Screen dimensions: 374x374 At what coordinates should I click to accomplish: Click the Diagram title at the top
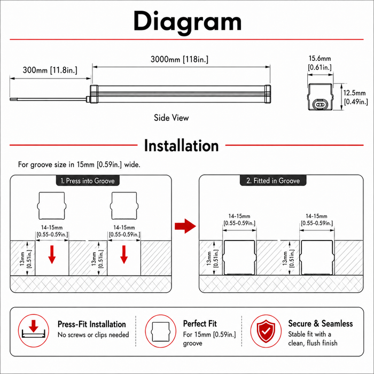pyautogui.click(x=188, y=22)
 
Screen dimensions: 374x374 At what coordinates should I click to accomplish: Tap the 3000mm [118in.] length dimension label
pyautogui.click(x=180, y=59)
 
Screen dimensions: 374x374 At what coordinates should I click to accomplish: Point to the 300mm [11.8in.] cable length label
pyautogui.click(x=50, y=70)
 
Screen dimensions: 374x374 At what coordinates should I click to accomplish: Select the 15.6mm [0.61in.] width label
pyautogui.click(x=320, y=63)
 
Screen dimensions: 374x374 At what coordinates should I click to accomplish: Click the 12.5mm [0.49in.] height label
pyautogui.click(x=355, y=97)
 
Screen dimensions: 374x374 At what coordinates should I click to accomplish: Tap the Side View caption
pyautogui.click(x=172, y=118)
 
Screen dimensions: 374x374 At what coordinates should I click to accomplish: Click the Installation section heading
pyautogui.click(x=181, y=145)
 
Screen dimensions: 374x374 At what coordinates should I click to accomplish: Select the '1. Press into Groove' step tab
pyautogui.click(x=88, y=181)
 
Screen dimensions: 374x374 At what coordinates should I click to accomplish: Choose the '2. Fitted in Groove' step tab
pyautogui.click(x=273, y=181)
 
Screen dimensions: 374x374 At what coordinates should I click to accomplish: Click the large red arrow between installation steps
pyautogui.click(x=185, y=226)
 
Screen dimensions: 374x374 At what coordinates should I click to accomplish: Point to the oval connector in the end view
pyautogui.click(x=320, y=104)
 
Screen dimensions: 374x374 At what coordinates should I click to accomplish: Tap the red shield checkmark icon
pyautogui.click(x=266, y=331)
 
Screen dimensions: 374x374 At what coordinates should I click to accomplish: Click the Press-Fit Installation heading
pyautogui.click(x=92, y=324)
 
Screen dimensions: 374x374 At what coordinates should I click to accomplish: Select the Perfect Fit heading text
pyautogui.click(x=200, y=324)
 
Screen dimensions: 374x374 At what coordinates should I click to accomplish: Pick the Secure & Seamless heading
pyautogui.click(x=321, y=323)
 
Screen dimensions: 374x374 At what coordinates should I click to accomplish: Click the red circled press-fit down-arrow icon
pyautogui.click(x=34, y=331)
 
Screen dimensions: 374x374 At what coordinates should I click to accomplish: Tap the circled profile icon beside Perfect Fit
pyautogui.click(x=161, y=331)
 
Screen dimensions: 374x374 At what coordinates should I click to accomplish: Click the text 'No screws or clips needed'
pyautogui.click(x=93, y=335)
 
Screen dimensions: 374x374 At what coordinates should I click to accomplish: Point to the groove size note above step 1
pyautogui.click(x=79, y=165)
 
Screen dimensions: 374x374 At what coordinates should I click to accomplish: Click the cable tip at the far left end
pyautogui.click(x=11, y=99)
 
